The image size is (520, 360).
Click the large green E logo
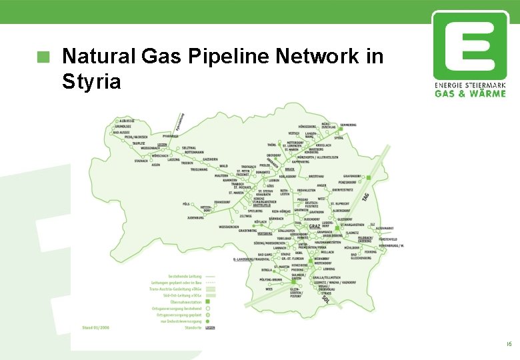[470, 45]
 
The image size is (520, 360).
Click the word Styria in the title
[91, 82]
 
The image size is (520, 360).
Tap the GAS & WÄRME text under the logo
[470, 93]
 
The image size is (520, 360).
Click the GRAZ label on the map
[314, 226]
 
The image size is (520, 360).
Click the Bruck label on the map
[289, 169]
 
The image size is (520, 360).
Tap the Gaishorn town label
[211, 159]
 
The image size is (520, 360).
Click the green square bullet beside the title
[44, 57]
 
